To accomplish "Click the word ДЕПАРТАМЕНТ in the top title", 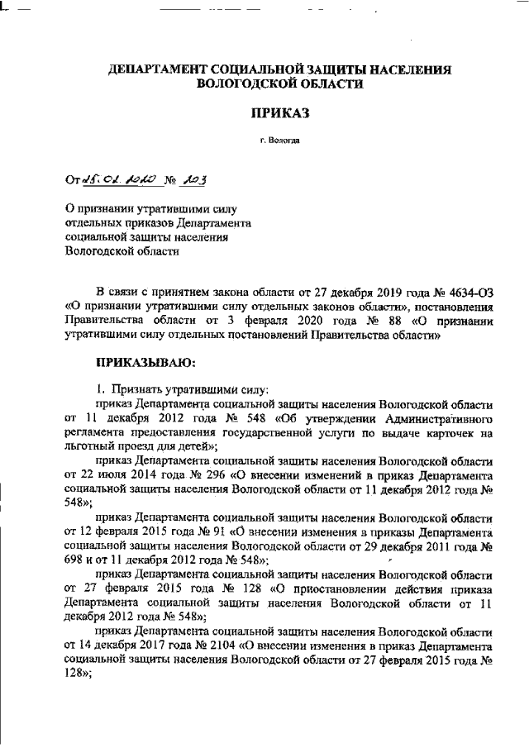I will pos(160,71).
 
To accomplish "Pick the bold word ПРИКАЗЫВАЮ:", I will pos(145,361).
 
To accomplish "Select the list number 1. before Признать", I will pos(102,389).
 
